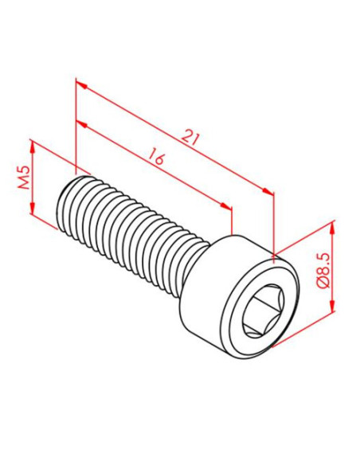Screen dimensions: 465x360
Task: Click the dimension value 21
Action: click(x=190, y=138)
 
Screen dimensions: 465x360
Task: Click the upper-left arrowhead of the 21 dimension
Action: click(x=79, y=82)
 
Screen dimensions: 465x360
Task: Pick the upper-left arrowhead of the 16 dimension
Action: click(x=80, y=123)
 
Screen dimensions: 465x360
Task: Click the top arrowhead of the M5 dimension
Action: click(x=33, y=145)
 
